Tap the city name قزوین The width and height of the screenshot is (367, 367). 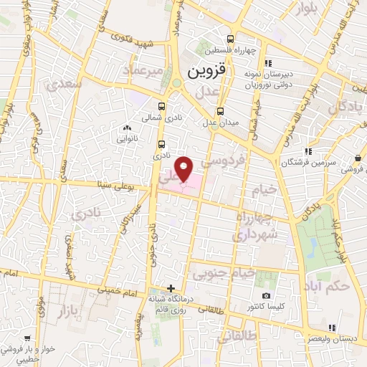(207, 72)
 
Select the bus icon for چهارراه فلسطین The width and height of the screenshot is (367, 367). (230, 39)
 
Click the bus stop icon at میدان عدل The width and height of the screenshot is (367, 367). (220, 111)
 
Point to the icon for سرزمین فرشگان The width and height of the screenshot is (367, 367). (308, 151)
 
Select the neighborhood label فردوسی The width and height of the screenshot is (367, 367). (225, 163)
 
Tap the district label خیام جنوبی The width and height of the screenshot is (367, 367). (221, 273)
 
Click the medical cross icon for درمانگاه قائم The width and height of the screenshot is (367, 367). (170, 289)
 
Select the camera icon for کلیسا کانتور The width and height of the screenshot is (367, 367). (267, 295)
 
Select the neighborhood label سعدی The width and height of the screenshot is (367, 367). (63, 84)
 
